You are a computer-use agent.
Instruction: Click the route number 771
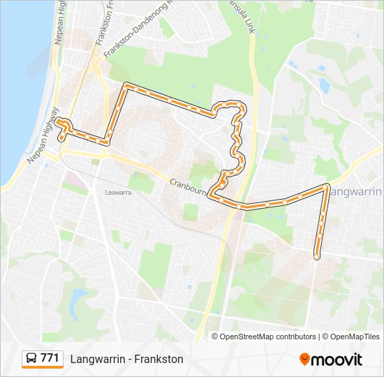pyautogui.click(x=50, y=358)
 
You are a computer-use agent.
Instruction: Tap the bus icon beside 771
pyautogui.click(x=31, y=359)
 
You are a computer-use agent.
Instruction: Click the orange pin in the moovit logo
pyautogui.click(x=305, y=359)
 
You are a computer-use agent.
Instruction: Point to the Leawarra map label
pyautogui.click(x=117, y=192)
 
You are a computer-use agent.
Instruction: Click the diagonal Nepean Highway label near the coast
pyautogui.click(x=43, y=135)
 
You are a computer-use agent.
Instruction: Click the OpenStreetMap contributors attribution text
pyautogui.click(x=268, y=337)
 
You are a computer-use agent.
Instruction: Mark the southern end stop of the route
pyautogui.click(x=317, y=257)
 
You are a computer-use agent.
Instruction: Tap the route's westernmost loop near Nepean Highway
pyautogui.click(x=64, y=126)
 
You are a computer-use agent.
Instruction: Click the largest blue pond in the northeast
pyautogui.click(x=324, y=84)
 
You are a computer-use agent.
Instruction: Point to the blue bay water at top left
pyautogui.click(x=21, y=70)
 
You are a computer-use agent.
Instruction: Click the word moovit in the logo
pyautogui.click(x=337, y=359)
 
